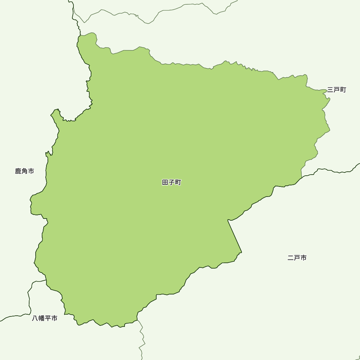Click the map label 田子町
click(172, 183)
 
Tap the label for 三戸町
click(337, 90)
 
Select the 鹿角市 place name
click(24, 171)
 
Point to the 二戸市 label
click(297, 258)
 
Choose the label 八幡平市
click(45, 318)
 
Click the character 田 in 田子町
click(165, 183)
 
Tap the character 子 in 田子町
click(172, 183)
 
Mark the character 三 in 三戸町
click(330, 90)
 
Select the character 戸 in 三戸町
click(337, 90)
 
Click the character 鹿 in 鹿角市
click(18, 171)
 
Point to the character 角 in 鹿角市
click(24, 171)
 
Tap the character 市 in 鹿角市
click(31, 171)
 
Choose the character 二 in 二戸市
click(291, 258)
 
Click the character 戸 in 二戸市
click(297, 258)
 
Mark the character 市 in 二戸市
click(303, 258)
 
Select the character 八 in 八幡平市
click(35, 318)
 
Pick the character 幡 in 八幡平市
click(41, 318)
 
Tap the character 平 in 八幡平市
click(48, 318)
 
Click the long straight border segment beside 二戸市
click(235, 236)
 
